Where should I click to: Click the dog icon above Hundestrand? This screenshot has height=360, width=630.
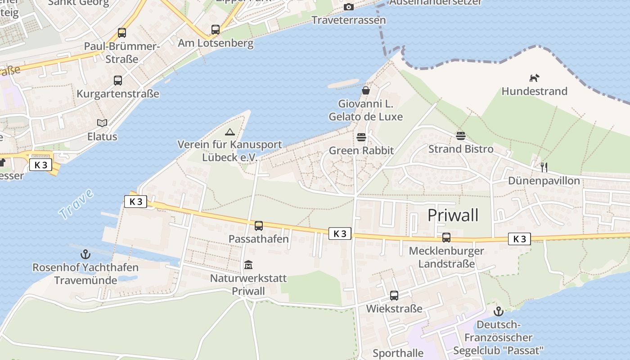(x=534, y=78)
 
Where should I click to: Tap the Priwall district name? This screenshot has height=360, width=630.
(x=453, y=215)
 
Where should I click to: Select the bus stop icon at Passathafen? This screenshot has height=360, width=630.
(x=259, y=226)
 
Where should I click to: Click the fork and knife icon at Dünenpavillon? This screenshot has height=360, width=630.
(x=544, y=167)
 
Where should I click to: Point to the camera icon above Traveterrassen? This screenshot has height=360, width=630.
(x=348, y=7)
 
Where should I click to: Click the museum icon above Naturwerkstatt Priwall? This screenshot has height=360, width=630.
(x=248, y=265)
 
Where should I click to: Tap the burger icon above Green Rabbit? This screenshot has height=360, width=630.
(x=361, y=137)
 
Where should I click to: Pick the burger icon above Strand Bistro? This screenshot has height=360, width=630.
(x=460, y=135)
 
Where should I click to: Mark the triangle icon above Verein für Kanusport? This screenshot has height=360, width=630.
(x=230, y=132)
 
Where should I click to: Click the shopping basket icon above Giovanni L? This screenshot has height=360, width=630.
(x=366, y=90)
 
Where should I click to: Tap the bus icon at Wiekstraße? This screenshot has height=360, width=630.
(x=394, y=296)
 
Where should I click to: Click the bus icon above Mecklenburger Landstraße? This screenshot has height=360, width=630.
(x=446, y=238)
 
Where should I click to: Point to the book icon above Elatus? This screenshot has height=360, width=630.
(x=102, y=123)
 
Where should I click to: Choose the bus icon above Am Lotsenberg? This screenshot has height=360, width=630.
(x=216, y=30)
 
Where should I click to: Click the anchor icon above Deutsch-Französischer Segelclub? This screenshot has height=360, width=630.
(x=498, y=311)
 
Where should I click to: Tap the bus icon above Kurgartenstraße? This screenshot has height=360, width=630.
(x=118, y=81)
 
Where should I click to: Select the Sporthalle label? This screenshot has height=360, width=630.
(x=398, y=353)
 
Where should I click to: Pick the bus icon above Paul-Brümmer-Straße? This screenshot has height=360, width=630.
(x=122, y=33)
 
